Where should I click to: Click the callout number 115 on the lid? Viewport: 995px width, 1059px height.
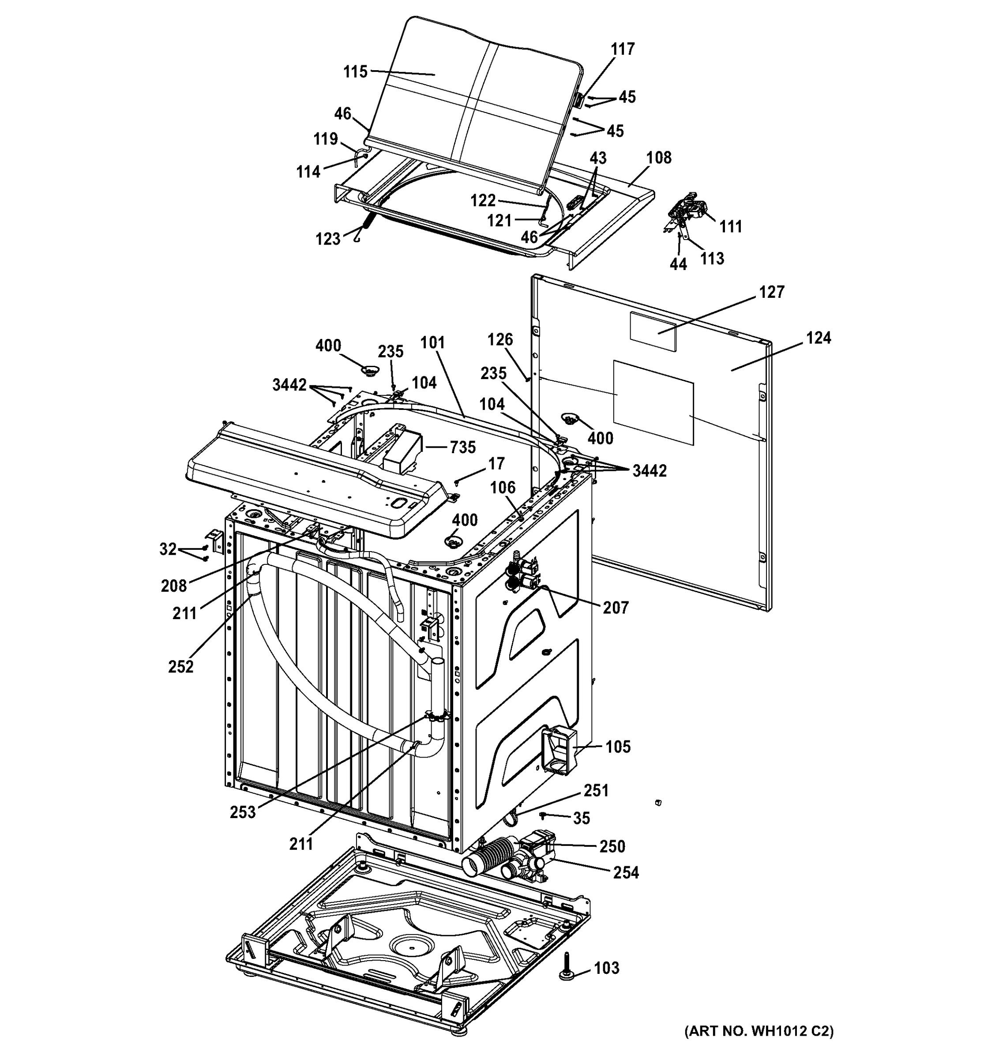[x=355, y=71]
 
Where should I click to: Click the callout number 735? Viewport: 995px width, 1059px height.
[x=462, y=447]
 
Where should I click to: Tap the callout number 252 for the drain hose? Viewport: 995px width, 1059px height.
[x=180, y=666]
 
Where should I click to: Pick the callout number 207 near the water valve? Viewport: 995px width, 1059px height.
[x=615, y=607]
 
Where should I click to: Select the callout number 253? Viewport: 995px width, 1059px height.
[x=243, y=812]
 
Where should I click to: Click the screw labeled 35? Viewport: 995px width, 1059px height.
[x=543, y=815]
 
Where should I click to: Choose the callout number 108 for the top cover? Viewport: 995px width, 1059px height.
[x=658, y=158]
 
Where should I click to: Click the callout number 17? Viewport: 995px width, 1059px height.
[x=496, y=464]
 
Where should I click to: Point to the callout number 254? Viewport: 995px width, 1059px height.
[x=625, y=872]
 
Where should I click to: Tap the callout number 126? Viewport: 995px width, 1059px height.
[x=500, y=339]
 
